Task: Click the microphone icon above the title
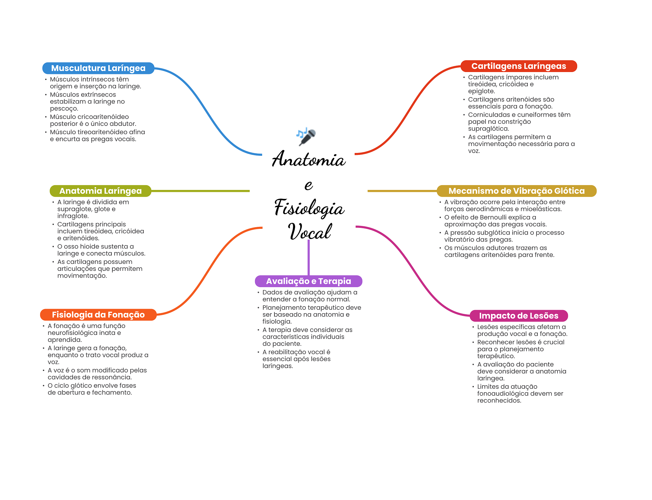tap(306, 136)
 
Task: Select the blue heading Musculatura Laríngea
tap(98, 68)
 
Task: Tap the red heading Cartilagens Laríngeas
tap(518, 66)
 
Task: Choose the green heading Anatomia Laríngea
tap(100, 191)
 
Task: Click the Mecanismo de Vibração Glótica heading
tap(516, 191)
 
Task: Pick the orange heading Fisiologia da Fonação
tap(98, 315)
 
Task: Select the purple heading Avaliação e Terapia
tap(308, 281)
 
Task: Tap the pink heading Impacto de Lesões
tap(518, 315)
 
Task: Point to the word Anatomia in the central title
tap(308, 159)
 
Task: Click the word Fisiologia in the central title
tap(309, 208)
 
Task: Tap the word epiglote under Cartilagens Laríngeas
tap(481, 91)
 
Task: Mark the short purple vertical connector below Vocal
tap(308, 257)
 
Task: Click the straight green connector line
tap(201, 191)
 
